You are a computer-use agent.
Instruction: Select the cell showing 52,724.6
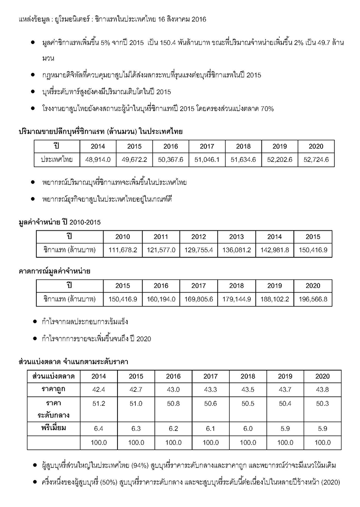pyautogui.click(x=316, y=160)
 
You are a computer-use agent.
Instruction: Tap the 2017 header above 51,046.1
pyautogui.click(x=207, y=147)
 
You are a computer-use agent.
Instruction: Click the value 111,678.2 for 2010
pyautogui.click(x=123, y=250)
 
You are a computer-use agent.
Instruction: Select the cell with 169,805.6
pyautogui.click(x=198, y=298)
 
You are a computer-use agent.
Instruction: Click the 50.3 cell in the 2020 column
pyautogui.click(x=322, y=404)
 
